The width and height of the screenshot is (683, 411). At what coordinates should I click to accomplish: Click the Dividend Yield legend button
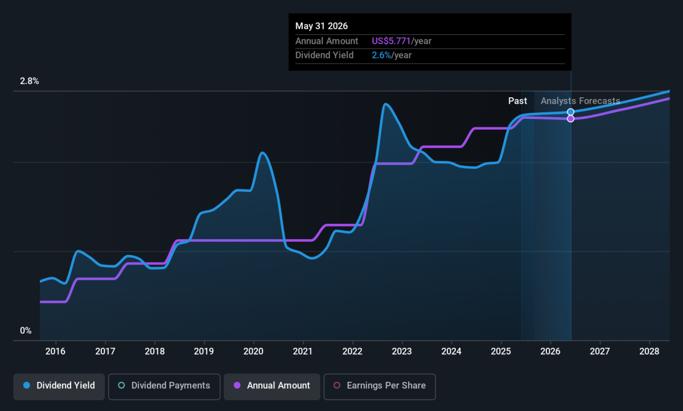pos(59,385)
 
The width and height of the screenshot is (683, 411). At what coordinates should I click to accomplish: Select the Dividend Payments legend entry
pos(164,385)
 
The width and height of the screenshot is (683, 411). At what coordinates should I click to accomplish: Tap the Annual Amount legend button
pos(272,385)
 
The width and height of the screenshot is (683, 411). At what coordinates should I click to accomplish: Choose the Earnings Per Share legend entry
pos(379,385)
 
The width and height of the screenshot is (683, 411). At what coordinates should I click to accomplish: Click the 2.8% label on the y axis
pos(30,81)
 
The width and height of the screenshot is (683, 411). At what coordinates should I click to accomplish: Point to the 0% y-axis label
pos(26,331)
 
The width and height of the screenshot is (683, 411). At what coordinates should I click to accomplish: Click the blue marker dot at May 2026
pos(571,112)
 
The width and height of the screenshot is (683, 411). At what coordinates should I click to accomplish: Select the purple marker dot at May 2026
pos(571,118)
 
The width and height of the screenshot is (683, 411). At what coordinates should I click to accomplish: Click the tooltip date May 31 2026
pos(322,26)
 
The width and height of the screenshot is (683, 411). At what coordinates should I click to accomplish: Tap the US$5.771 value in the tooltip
pos(391,41)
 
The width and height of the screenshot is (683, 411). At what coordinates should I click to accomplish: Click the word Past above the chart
pos(517,101)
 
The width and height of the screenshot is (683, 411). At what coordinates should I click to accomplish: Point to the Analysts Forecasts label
pos(580,101)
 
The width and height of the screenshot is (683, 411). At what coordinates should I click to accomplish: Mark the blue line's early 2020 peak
pos(262,153)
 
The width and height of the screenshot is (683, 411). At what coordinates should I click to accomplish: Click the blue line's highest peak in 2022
pos(385,104)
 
